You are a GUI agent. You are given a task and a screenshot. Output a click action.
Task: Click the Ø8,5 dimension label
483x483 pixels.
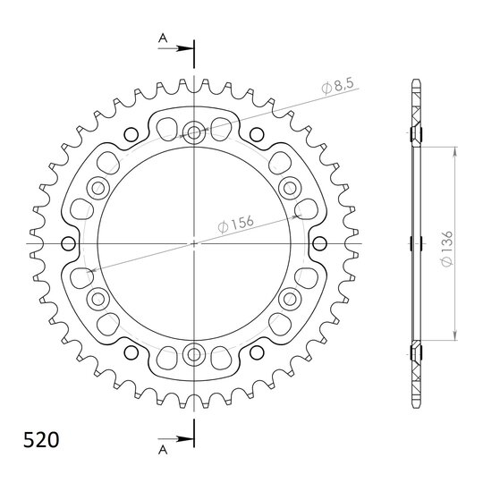pyautogui.click(x=337, y=86)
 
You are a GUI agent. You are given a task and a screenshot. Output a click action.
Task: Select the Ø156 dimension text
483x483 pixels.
pyautogui.click(x=235, y=224)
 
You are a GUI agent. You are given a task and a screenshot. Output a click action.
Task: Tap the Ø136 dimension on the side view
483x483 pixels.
pyautogui.click(x=446, y=249)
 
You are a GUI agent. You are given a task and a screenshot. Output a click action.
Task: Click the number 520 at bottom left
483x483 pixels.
pyautogui.click(x=41, y=440)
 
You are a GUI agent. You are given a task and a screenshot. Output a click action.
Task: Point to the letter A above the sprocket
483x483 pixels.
pyautogui.click(x=163, y=38)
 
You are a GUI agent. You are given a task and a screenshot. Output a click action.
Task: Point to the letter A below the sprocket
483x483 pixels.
pyautogui.click(x=163, y=450)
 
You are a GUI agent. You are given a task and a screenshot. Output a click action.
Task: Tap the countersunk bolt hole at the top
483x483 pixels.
pyautogui.click(x=194, y=132)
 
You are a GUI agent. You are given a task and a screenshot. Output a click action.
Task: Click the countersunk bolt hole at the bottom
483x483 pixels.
pyautogui.click(x=194, y=354)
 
